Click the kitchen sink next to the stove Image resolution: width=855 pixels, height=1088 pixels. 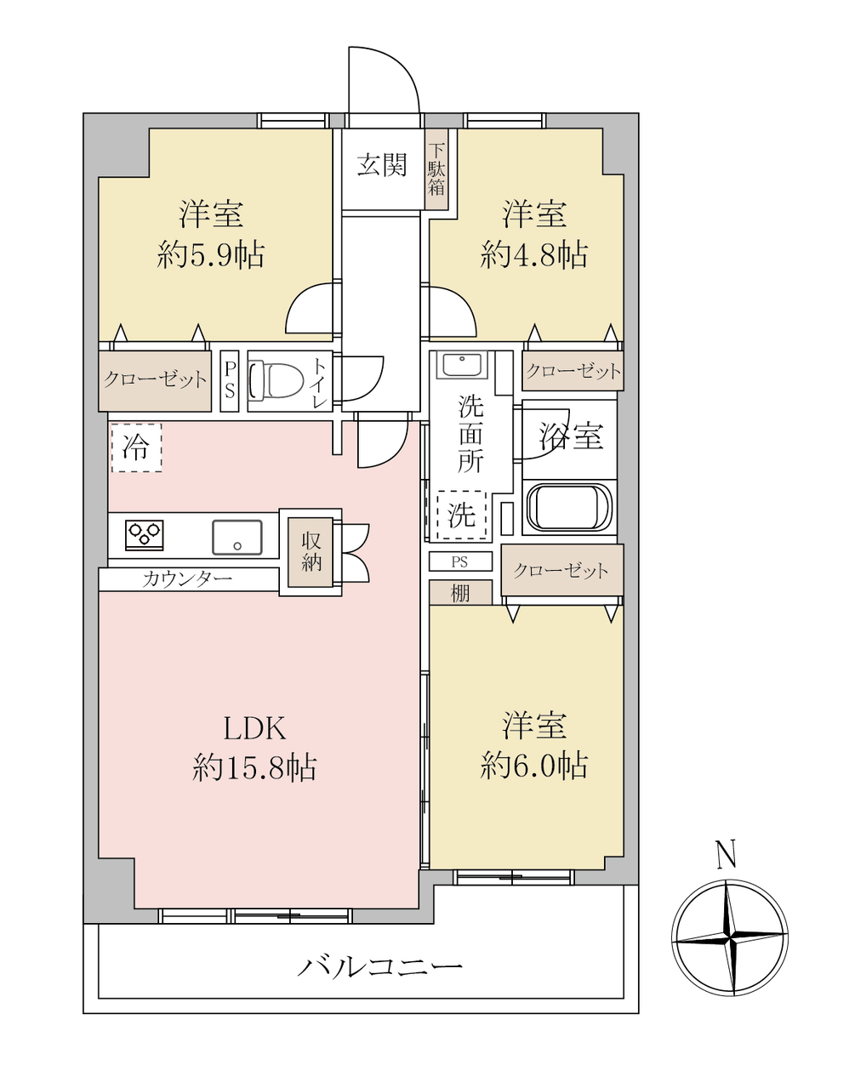pyautogui.click(x=237, y=538)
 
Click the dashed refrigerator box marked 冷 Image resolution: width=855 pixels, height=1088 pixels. pyautogui.click(x=136, y=447)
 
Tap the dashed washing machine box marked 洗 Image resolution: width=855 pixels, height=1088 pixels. pyautogui.click(x=461, y=515)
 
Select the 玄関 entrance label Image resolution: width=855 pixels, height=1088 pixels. pyautogui.click(x=382, y=165)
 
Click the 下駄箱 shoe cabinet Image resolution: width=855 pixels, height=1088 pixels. pyautogui.click(x=436, y=168)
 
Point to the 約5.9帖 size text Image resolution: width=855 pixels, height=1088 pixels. pyautogui.click(x=211, y=255)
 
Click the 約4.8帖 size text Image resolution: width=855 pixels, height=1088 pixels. pyautogui.click(x=533, y=255)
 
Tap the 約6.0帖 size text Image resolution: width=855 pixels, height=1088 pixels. pyautogui.click(x=533, y=766)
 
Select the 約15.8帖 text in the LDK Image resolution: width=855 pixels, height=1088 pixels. pyautogui.click(x=254, y=768)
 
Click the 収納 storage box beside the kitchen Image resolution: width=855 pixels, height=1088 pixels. pyautogui.click(x=311, y=552)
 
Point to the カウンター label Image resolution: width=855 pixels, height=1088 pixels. pyautogui.click(x=187, y=579)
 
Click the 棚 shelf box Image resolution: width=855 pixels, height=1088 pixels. pyautogui.click(x=460, y=593)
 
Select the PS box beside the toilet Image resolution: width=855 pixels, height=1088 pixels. pyautogui.click(x=230, y=381)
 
